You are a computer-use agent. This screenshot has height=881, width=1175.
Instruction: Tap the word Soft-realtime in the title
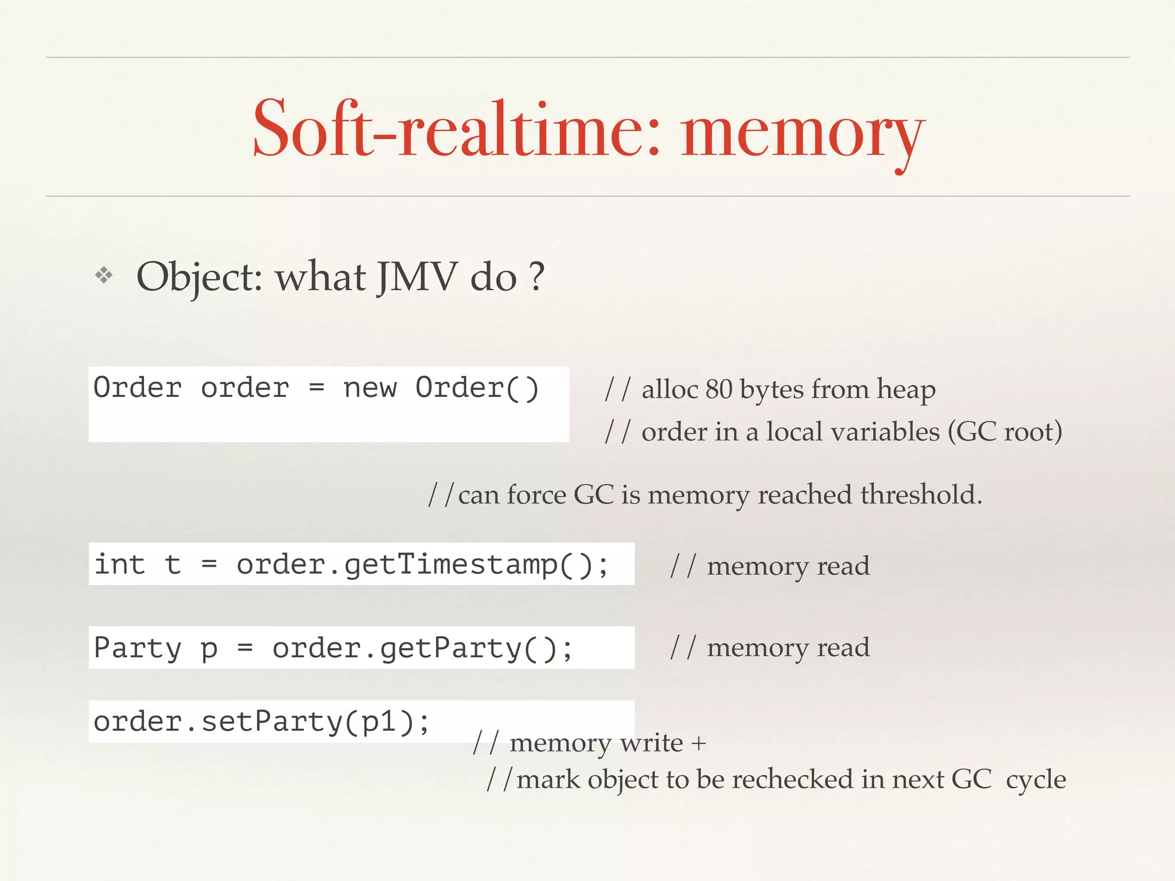(456, 129)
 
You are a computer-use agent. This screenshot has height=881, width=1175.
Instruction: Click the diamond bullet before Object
(104, 276)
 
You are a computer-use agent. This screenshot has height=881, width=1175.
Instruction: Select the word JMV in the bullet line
(418, 277)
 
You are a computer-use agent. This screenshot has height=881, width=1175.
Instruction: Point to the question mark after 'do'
(536, 277)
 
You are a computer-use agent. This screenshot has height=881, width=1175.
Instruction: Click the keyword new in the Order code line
(370, 388)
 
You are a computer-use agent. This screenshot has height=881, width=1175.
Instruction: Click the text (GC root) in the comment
(1005, 432)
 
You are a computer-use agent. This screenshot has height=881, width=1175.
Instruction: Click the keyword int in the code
(120, 564)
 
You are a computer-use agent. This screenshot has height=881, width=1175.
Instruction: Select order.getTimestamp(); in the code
(422, 564)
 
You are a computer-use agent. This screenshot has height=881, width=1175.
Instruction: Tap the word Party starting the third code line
(138, 648)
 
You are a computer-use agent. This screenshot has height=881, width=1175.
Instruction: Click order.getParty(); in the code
(422, 649)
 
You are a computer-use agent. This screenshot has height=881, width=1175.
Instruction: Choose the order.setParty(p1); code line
(262, 722)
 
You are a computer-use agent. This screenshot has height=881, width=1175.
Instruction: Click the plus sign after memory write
(698, 743)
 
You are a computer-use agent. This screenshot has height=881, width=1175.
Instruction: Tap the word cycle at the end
(1036, 780)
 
